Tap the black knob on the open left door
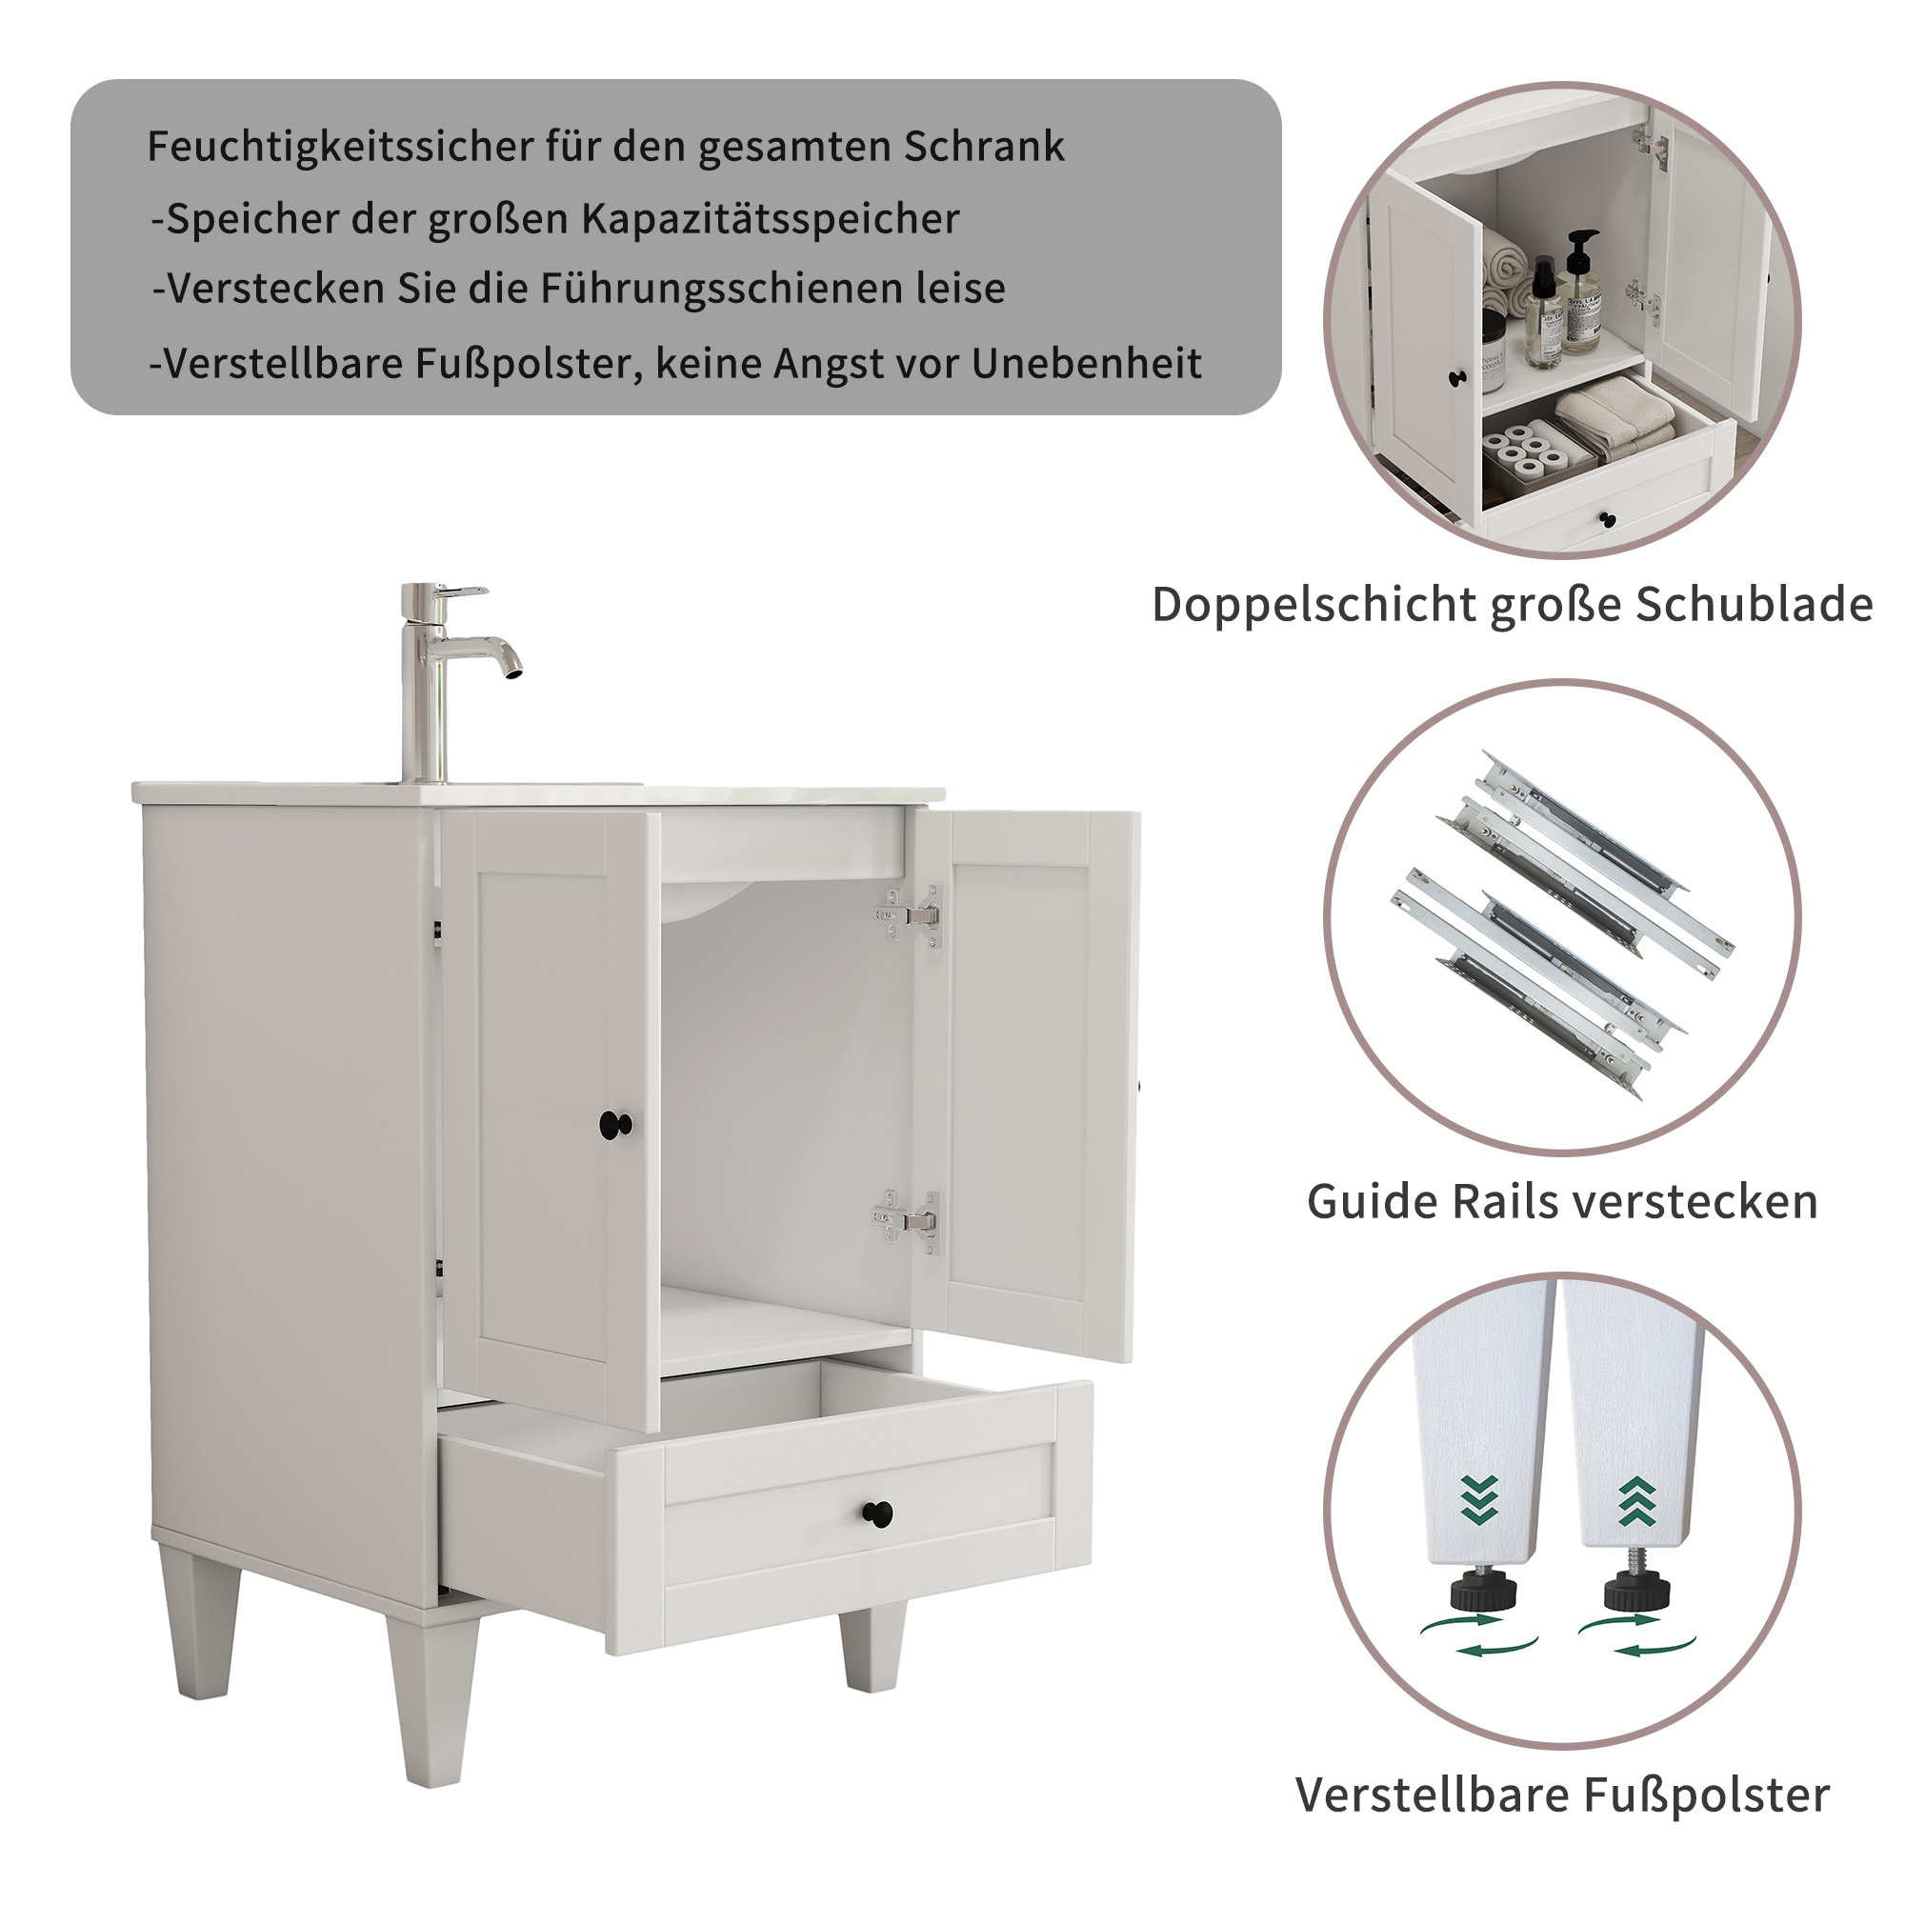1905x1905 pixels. click(x=615, y=1123)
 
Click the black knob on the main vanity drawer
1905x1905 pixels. click(x=877, y=1513)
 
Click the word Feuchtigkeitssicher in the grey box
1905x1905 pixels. click(x=338, y=147)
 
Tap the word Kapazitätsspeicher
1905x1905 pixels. click(x=769, y=219)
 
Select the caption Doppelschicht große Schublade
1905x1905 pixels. click(x=1513, y=605)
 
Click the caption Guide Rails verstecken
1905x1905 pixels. click(x=1563, y=1202)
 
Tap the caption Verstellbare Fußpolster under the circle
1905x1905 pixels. click(x=1563, y=1795)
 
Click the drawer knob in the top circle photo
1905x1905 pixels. click(x=1607, y=519)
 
